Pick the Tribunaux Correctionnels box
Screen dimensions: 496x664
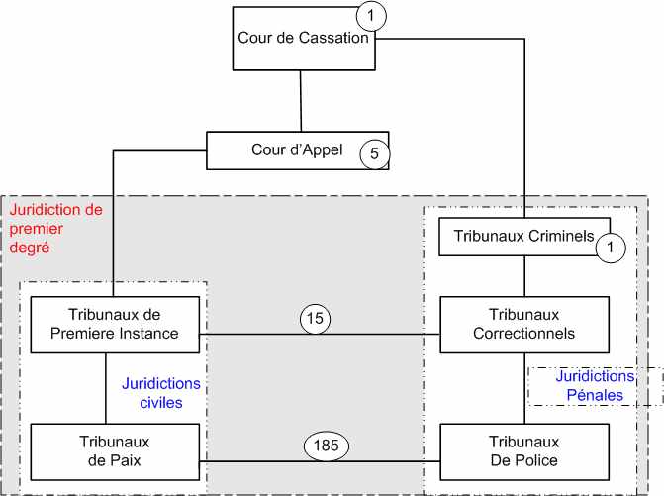coord(522,324)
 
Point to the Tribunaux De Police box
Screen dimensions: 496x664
coord(522,451)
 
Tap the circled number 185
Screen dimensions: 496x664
coord(326,446)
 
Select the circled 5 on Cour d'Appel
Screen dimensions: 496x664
coord(374,152)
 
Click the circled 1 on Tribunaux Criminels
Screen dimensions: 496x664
coord(612,248)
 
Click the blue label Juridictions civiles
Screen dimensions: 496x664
coord(160,393)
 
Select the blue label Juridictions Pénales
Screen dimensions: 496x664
coord(595,386)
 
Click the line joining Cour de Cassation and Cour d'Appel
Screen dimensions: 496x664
coord(301,101)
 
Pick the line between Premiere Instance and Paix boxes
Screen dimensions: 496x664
coord(106,387)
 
